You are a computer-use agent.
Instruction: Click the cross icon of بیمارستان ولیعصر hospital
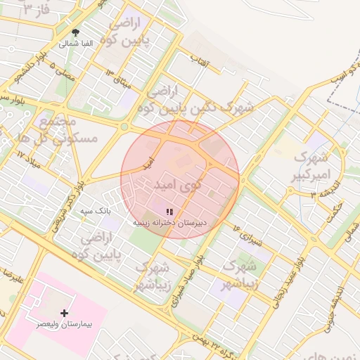pos(65,312)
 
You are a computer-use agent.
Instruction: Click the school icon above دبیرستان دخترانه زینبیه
pos(169,211)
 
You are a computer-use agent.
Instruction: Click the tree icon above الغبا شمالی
pos(75,32)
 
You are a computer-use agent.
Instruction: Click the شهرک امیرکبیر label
pos(311,165)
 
